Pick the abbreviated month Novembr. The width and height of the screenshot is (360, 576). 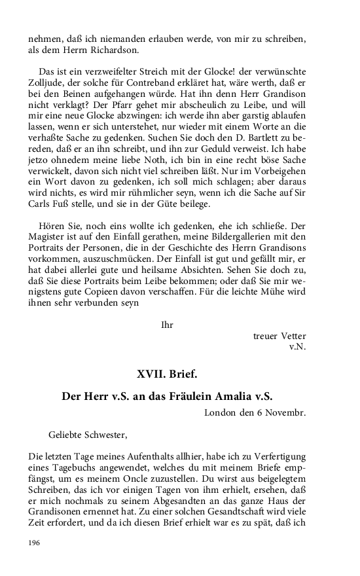pos(285,413)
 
